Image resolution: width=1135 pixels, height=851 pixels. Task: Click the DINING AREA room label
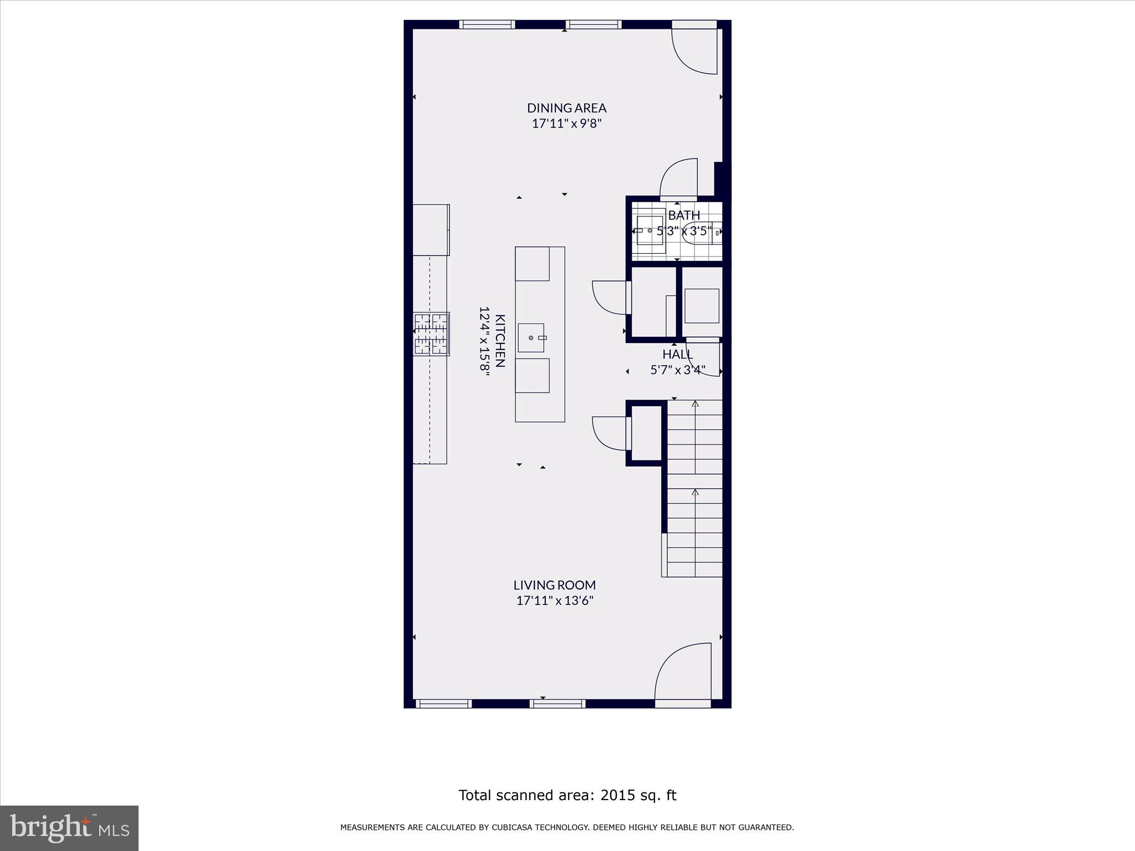pyautogui.click(x=566, y=107)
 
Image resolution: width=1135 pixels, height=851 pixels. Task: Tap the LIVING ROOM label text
pyautogui.click(x=554, y=585)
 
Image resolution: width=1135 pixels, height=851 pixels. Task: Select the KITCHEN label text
pyautogui.click(x=500, y=341)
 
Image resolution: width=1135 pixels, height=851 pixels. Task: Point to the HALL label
pyautogui.click(x=678, y=354)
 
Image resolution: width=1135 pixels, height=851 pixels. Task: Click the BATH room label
pyautogui.click(x=684, y=215)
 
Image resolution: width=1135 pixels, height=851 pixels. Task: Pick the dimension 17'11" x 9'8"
pyautogui.click(x=566, y=124)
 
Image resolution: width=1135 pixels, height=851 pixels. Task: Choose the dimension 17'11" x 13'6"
pyautogui.click(x=555, y=601)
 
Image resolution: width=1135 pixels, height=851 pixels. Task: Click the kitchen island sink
pyautogui.click(x=531, y=337)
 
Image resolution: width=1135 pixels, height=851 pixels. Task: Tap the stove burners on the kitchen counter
pyautogui.click(x=431, y=334)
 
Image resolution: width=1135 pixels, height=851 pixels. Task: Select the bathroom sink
pyautogui.click(x=650, y=230)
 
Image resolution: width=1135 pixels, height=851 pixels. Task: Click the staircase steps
pyautogui.click(x=695, y=488)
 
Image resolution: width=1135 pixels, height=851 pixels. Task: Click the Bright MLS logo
pyautogui.click(x=69, y=828)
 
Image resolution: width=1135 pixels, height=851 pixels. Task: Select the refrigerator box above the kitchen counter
pyautogui.click(x=431, y=230)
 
